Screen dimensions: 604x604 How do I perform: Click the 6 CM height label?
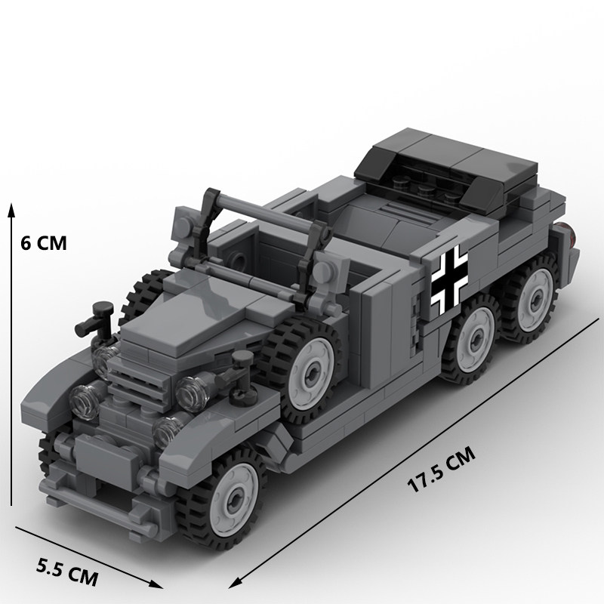click(44, 243)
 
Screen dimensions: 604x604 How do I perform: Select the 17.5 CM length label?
click(441, 470)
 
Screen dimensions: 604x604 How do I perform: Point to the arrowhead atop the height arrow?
click(11, 211)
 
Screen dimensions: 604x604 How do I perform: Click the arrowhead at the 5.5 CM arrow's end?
click(156, 584)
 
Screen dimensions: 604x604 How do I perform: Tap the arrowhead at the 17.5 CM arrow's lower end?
click(235, 583)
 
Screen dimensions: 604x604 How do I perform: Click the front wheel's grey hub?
click(234, 501)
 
